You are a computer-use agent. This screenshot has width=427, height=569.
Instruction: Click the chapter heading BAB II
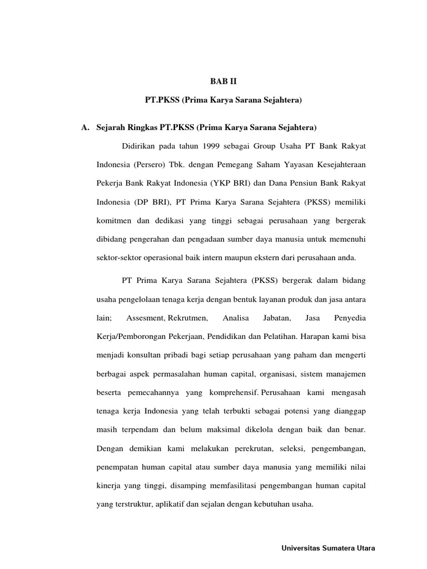(x=223, y=81)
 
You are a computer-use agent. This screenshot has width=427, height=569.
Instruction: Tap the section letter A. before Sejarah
(x=85, y=128)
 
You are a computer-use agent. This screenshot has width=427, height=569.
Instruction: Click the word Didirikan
(x=136, y=146)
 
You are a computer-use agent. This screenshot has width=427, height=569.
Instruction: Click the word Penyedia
(x=349, y=318)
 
